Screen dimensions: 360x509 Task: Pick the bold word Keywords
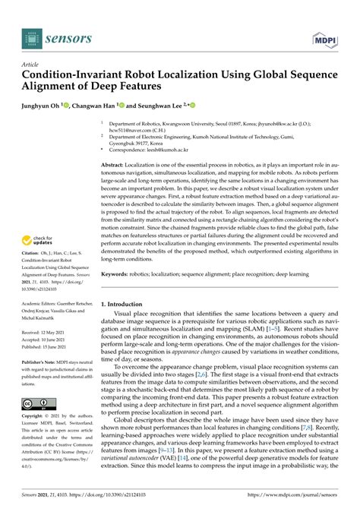pos(116,273)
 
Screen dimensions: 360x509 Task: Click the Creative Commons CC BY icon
pos(38,404)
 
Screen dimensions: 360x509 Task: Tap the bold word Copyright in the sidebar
pos(34,418)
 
